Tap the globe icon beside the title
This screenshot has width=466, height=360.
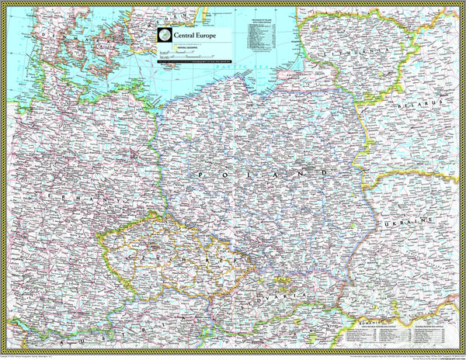164,35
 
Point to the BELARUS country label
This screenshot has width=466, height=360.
422,102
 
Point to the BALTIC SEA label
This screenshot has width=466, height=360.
233,74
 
